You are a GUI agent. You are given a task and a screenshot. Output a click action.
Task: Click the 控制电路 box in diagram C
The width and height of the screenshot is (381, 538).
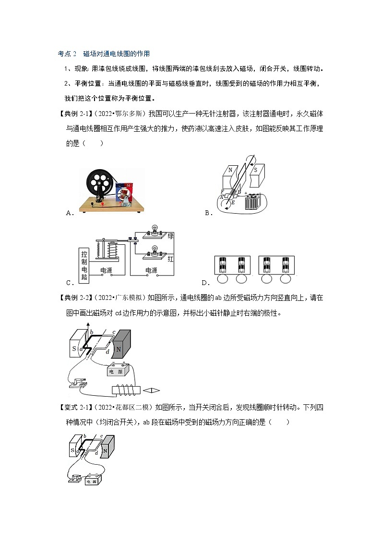(84, 263)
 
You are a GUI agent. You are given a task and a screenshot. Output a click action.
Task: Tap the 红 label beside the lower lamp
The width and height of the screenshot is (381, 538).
(170, 258)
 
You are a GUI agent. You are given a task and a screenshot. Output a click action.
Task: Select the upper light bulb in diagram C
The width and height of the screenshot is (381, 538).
(155, 229)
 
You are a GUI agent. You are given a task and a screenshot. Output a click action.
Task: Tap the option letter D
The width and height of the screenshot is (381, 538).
(205, 283)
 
